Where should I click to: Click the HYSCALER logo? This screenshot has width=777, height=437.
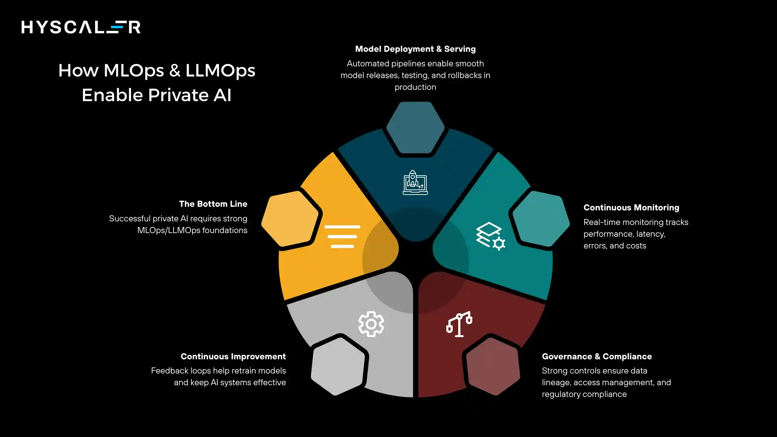[81, 27]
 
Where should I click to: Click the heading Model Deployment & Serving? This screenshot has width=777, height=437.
[415, 49]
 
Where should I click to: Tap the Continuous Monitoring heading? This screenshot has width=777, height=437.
[631, 208]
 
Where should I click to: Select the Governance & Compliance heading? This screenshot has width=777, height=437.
[597, 356]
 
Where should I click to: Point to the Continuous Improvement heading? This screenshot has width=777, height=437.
[233, 356]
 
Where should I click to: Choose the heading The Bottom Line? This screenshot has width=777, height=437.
[213, 204]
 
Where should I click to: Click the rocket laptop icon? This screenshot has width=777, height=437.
[415, 182]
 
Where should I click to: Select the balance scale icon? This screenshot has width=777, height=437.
[459, 324]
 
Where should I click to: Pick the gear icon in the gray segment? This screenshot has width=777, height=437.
[371, 324]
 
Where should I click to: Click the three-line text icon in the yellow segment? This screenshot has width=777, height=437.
[342, 236]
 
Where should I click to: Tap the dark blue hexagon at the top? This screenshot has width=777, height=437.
[415, 127]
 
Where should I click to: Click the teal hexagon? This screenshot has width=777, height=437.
[541, 219]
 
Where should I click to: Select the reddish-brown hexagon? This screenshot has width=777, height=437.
[493, 366]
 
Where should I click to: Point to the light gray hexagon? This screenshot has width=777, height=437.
[338, 366]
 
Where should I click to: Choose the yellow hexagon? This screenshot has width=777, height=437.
[290, 218]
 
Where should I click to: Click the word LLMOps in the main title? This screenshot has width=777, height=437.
[220, 71]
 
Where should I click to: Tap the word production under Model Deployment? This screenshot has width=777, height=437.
[415, 87]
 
